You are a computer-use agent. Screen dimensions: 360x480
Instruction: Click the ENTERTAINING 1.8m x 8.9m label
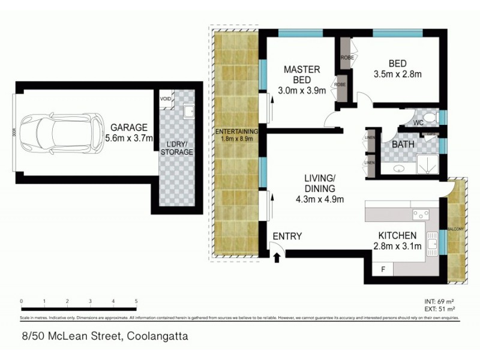tap(238, 135)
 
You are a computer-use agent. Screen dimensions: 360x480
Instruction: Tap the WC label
tap(418, 122)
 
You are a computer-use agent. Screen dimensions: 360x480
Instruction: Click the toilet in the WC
tap(430, 118)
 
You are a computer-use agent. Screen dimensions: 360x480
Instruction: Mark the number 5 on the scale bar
tap(136, 301)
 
